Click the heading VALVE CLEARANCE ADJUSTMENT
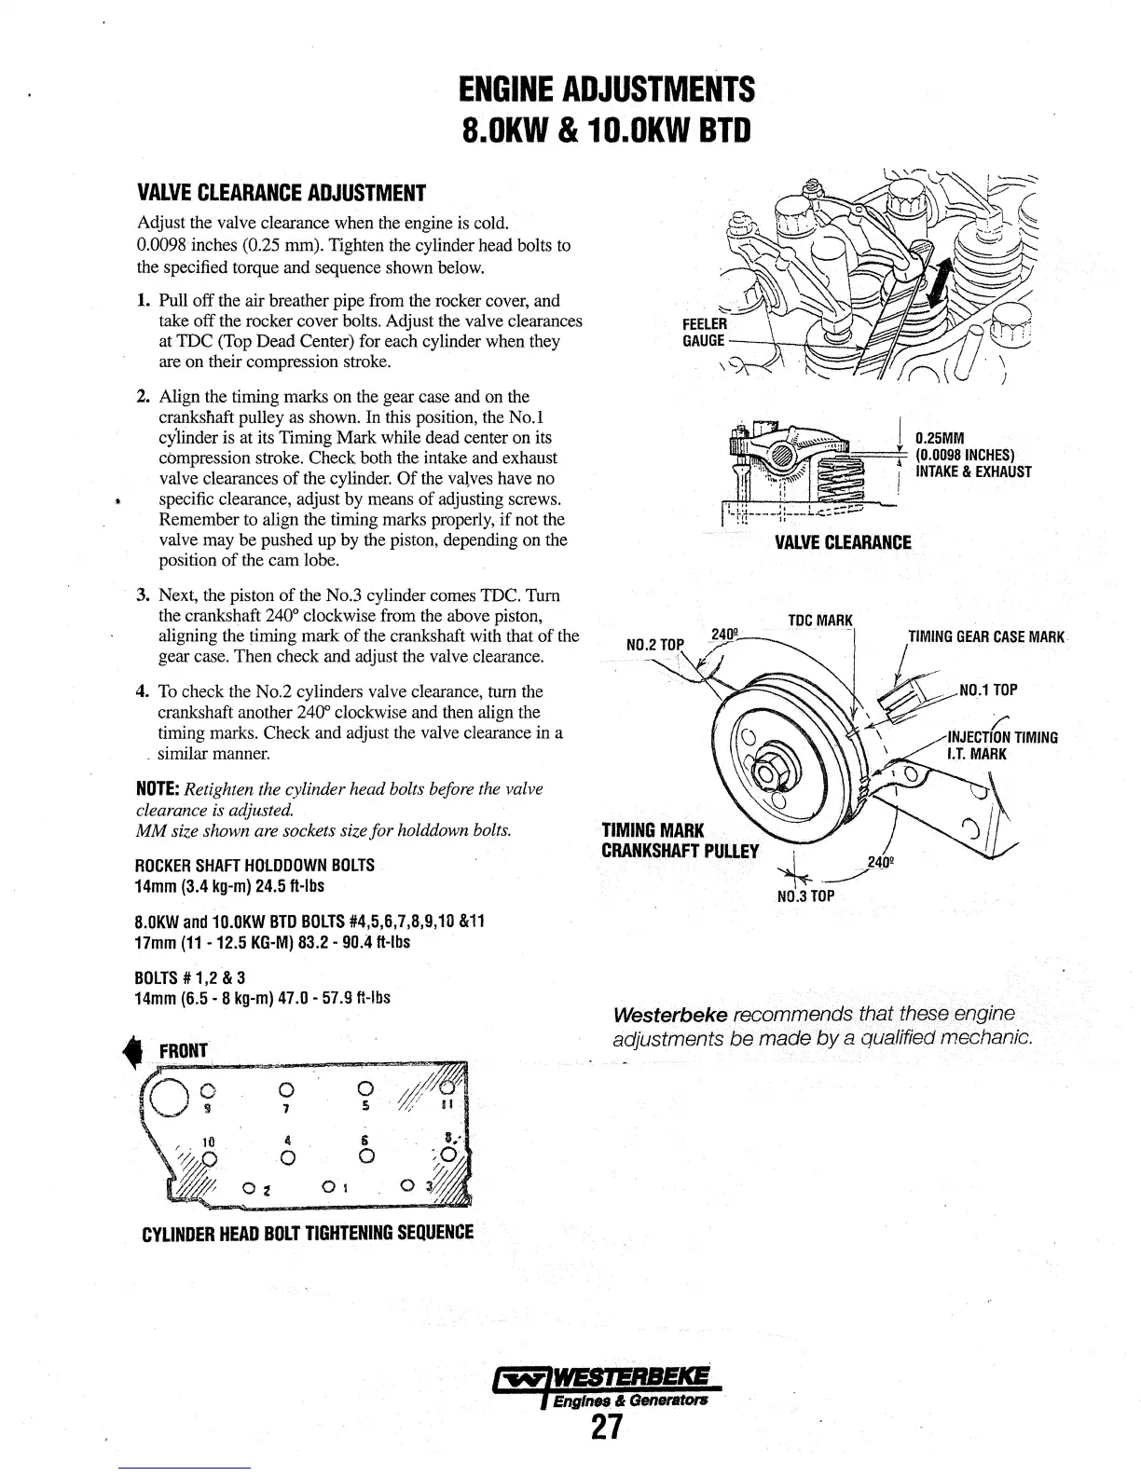pyautogui.click(x=281, y=194)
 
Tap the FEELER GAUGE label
pyautogui.click(x=704, y=332)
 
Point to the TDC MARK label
pyautogui.click(x=819, y=621)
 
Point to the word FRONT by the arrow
pyautogui.click(x=185, y=1051)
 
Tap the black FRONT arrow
pyautogui.click(x=144, y=1049)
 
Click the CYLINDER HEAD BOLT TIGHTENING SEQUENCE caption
pyautogui.click(x=308, y=1233)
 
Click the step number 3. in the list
pyautogui.click(x=144, y=595)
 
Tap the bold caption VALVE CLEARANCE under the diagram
pyautogui.click(x=843, y=542)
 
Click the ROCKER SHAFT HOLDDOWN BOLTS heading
pyautogui.click(x=254, y=866)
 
